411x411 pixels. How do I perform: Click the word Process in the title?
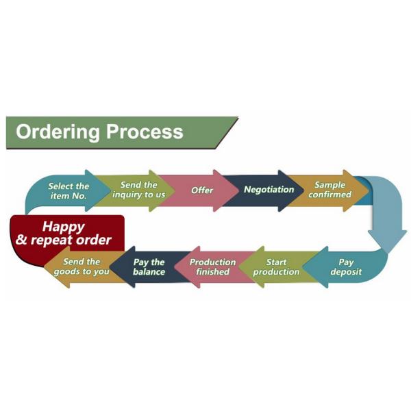(x=145, y=132)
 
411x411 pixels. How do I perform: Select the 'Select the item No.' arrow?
(x=68, y=190)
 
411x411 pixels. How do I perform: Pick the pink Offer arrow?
(x=201, y=190)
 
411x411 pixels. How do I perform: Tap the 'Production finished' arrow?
(x=212, y=266)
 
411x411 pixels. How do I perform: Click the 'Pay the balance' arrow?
(x=148, y=266)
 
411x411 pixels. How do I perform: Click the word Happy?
(x=64, y=225)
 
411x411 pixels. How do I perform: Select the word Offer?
(x=202, y=190)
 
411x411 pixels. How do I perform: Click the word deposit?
(x=346, y=272)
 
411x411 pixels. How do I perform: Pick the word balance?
(x=149, y=272)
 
